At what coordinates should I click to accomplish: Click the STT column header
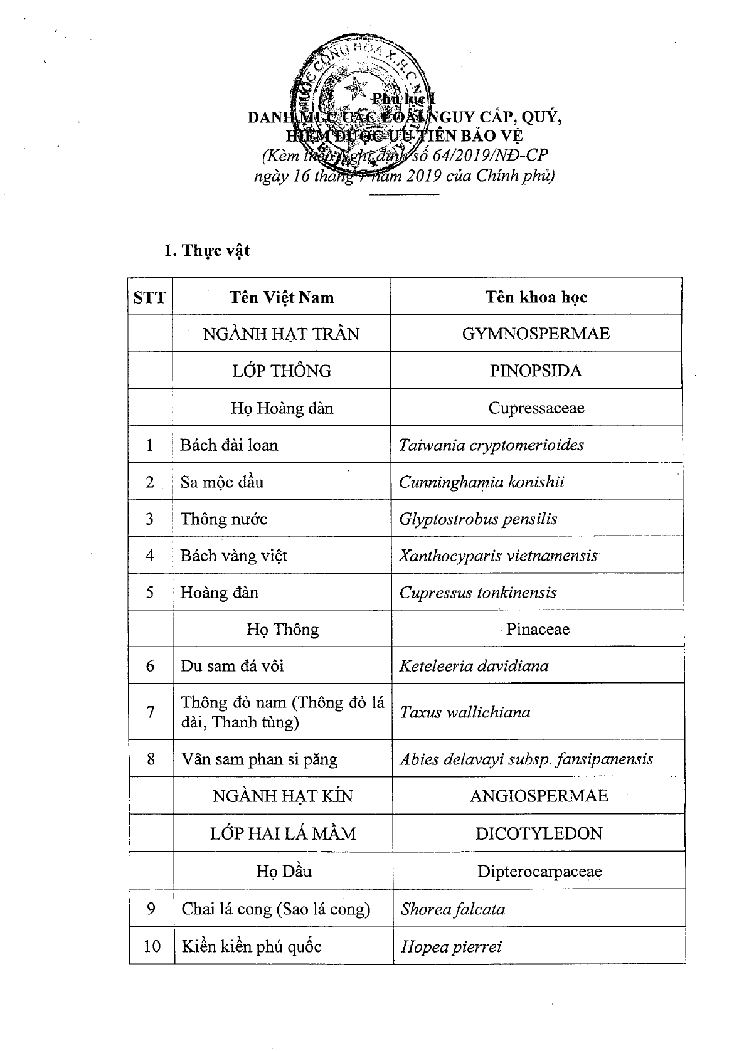[150, 297]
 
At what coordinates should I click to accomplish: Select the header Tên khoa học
[536, 297]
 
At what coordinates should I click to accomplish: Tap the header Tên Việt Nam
[281, 297]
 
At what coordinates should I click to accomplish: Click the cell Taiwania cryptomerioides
[491, 445]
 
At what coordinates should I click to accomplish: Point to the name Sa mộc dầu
[222, 482]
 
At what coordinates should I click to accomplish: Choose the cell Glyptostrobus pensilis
[478, 519]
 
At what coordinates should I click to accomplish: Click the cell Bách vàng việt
[234, 556]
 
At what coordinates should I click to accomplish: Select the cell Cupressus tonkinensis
[478, 593]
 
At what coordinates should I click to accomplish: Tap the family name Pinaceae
[538, 629]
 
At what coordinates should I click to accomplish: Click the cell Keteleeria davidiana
[474, 666]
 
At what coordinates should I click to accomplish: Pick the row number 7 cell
[151, 712]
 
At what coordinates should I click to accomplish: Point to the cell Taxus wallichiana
[465, 712]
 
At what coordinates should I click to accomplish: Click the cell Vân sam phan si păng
[259, 759]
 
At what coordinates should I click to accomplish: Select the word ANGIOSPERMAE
[539, 796]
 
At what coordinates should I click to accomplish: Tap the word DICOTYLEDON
[539, 833]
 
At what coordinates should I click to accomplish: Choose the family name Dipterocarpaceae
[539, 871]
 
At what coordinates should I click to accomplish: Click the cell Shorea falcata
[453, 909]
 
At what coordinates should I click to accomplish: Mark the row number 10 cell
[152, 946]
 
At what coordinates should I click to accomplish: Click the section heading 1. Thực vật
[207, 251]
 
